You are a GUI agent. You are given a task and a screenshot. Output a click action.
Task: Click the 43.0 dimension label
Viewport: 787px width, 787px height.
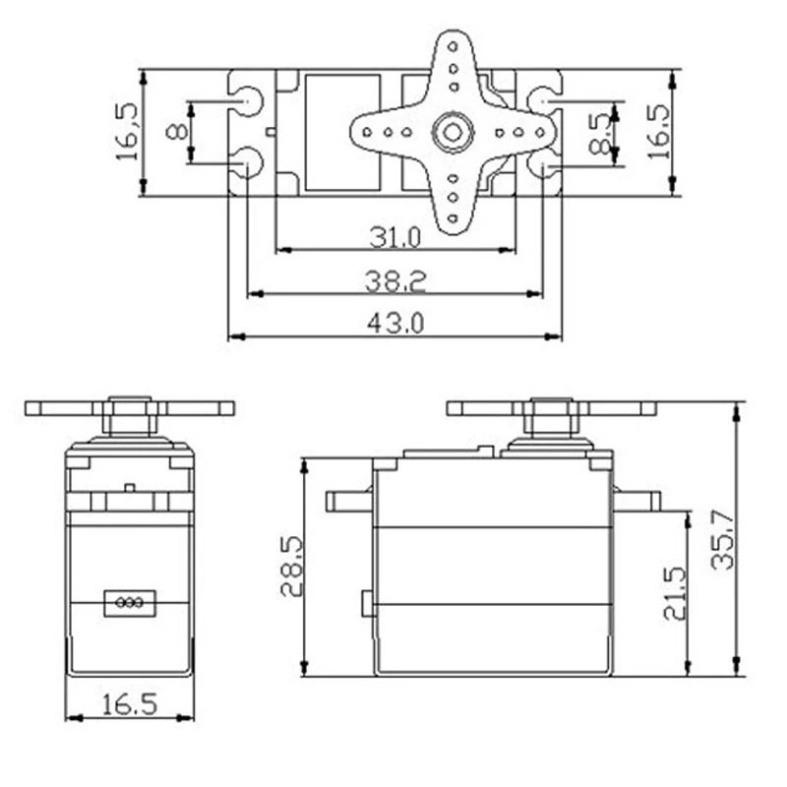tap(394, 324)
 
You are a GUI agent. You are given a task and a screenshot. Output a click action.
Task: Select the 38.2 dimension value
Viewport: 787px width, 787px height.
tap(395, 281)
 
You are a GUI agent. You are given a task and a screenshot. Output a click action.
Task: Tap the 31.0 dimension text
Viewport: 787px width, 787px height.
tap(395, 237)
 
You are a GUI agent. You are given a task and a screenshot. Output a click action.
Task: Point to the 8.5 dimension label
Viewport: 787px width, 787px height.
tap(600, 134)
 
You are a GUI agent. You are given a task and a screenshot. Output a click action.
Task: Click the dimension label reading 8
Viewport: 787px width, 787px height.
tap(176, 131)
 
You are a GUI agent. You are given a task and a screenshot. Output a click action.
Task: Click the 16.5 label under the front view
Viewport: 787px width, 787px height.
tap(129, 703)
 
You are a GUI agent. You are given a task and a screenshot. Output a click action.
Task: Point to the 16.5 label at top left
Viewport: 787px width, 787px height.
tap(128, 131)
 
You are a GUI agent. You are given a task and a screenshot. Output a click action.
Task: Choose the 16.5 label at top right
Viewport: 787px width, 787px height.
tap(658, 130)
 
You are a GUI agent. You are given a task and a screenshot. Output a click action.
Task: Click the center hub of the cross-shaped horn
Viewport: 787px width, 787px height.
tap(453, 132)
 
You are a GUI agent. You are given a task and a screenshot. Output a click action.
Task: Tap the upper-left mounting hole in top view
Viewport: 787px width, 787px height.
tap(248, 101)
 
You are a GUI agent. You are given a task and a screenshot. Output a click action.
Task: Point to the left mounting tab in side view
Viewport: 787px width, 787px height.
tap(349, 502)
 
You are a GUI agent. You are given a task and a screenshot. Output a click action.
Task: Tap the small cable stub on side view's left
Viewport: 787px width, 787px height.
tap(367, 603)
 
